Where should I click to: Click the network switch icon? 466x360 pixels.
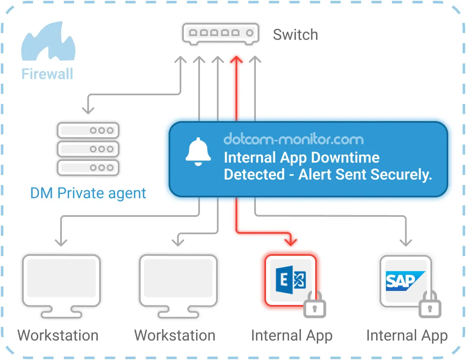point(220,33)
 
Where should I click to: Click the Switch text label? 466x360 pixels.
point(295,35)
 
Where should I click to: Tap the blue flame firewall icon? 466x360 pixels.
point(48,42)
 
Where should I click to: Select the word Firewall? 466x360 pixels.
point(47,74)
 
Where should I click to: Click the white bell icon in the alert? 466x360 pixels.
point(198,151)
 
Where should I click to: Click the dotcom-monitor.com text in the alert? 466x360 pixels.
point(293,139)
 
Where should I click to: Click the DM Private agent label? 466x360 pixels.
point(88,193)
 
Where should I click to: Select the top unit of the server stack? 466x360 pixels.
point(88,130)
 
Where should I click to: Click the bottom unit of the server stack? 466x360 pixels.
point(88,167)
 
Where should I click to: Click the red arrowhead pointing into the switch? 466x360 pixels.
point(236,60)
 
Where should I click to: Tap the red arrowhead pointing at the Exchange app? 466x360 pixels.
point(291,242)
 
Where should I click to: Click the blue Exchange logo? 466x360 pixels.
point(291,280)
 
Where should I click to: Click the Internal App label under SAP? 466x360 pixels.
point(407,336)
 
